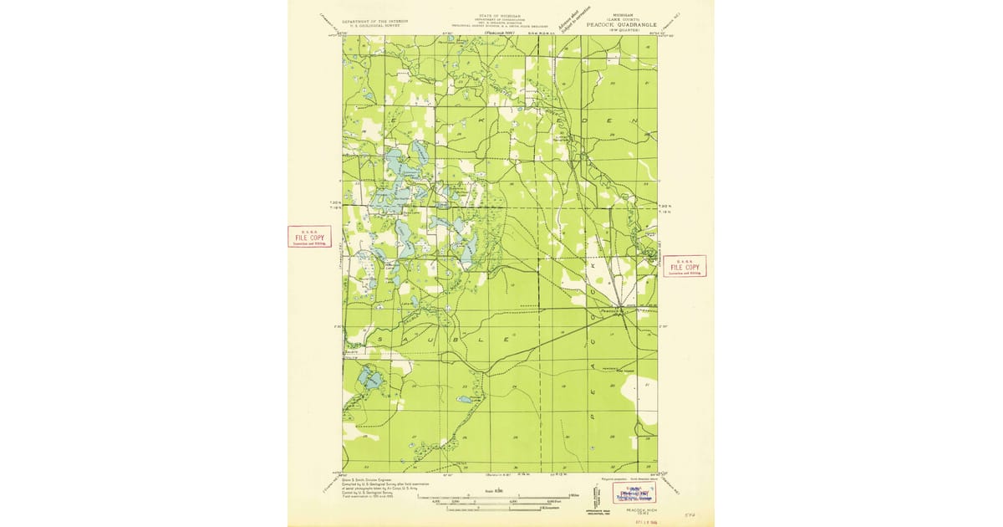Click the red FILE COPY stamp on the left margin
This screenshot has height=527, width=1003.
309,237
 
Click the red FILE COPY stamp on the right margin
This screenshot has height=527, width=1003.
684,266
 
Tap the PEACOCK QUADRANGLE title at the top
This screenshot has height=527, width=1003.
624,24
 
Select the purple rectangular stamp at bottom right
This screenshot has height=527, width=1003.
634,493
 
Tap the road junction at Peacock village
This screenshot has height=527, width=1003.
620,308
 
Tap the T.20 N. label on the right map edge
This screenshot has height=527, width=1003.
665,206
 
